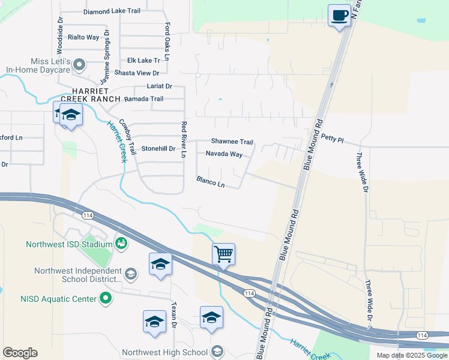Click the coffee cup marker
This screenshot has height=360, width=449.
340,15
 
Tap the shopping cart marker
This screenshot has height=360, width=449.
223,254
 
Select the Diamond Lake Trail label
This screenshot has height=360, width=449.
112,11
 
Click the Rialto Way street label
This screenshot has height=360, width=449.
83,37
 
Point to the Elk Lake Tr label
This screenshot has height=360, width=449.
143,61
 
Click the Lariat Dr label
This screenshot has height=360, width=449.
159,86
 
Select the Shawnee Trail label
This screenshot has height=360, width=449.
232,142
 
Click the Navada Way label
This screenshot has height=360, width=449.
224,154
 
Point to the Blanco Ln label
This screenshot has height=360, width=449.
210,182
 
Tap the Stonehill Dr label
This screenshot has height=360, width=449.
158,148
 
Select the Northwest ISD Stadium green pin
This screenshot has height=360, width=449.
121,244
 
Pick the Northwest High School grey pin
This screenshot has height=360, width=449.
217,352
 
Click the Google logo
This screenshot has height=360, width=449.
20,353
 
